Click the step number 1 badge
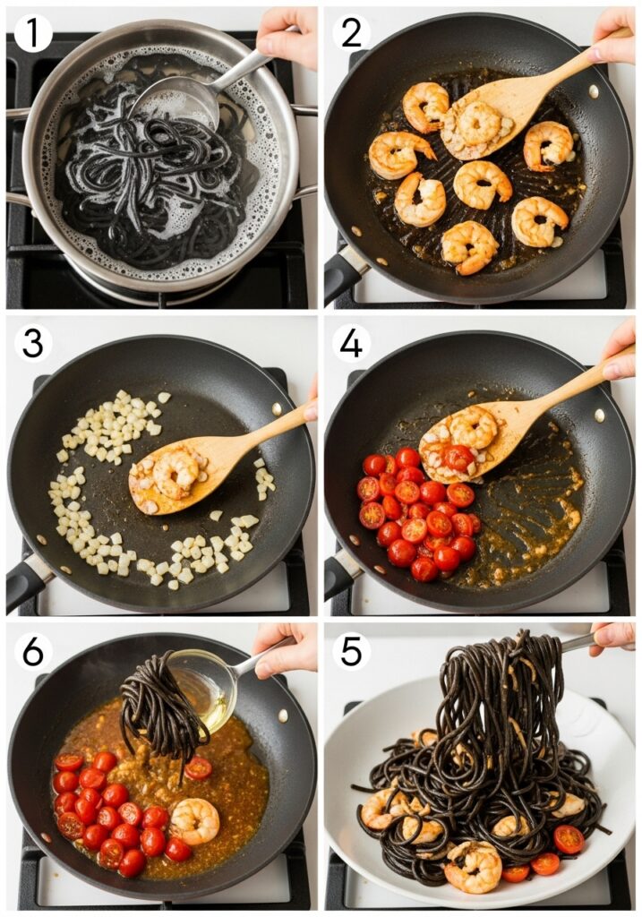coord(33,33)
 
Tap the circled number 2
coord(351,33)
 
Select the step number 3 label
coord(33,343)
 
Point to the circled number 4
coord(351,343)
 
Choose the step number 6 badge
coord(33,651)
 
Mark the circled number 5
coord(351,651)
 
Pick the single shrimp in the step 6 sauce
coord(195,819)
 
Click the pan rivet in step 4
coord(599,416)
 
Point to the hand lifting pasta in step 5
coord(615,635)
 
